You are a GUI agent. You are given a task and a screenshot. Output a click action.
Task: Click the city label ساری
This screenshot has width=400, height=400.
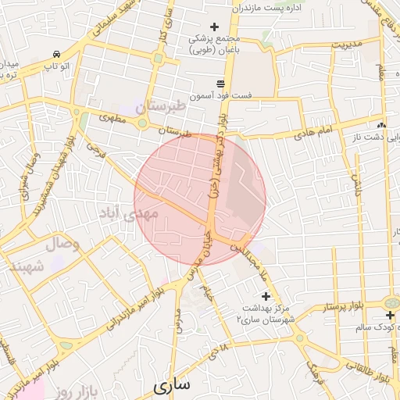click(172, 385)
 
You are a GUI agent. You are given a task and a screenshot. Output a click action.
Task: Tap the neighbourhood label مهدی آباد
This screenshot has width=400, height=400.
click(128, 212)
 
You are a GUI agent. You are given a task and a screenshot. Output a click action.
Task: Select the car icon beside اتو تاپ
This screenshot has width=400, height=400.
click(57, 54)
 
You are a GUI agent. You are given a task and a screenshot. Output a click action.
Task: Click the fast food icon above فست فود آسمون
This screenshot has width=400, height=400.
click(221, 83)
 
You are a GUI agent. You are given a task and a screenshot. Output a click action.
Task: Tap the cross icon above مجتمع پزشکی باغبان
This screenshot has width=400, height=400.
click(215, 27)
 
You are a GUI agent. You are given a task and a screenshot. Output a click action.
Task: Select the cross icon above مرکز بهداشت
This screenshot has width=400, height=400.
click(266, 296)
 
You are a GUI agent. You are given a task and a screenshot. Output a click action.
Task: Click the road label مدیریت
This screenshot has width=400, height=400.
click(348, 45)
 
